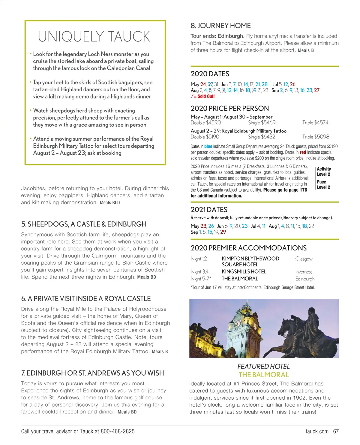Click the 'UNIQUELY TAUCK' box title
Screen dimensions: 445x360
(x=94, y=37)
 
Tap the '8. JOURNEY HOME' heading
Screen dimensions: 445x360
(x=220, y=26)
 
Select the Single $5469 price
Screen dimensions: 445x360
(x=262, y=123)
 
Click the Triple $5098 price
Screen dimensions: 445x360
(x=316, y=137)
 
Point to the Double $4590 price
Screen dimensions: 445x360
(x=205, y=123)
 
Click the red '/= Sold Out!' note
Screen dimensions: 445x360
(x=202, y=96)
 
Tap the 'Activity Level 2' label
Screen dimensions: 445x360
(x=324, y=171)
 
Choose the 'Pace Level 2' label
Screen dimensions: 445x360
(x=323, y=184)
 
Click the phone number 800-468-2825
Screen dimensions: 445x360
(x=118, y=431)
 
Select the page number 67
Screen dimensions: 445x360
(x=336, y=431)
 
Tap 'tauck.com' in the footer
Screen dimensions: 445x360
(x=317, y=431)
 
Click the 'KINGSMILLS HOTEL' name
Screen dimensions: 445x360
(x=244, y=271)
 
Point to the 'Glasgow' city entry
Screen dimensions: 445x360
(x=304, y=259)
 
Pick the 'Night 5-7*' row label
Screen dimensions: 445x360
(x=201, y=279)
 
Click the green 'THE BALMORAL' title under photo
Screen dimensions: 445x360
(x=264, y=375)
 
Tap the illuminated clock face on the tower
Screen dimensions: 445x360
(x=238, y=323)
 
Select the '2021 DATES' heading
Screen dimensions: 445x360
(x=209, y=210)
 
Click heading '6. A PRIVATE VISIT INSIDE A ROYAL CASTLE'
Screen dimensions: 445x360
(x=86, y=298)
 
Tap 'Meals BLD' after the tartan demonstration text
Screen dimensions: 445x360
(x=110, y=203)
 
